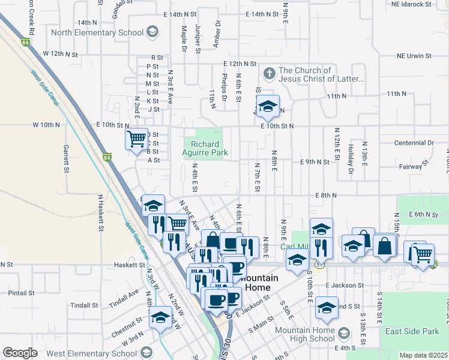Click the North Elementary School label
pos(97,32)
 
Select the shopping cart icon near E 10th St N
pos(136,139)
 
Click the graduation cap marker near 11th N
pos(268,106)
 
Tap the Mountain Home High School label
pos(305,334)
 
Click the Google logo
pos(20,353)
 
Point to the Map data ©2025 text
pos(423,355)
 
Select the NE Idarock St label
pos(421,4)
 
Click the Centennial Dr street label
pos(414,143)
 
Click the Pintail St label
pos(21,293)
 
